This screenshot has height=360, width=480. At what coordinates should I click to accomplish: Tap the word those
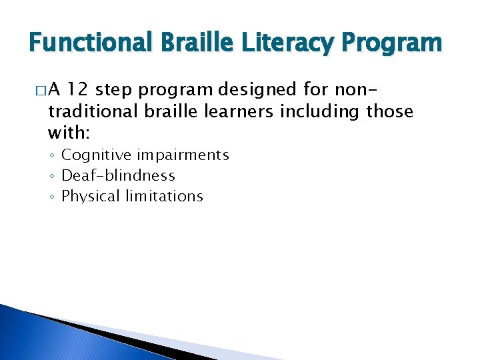(x=390, y=111)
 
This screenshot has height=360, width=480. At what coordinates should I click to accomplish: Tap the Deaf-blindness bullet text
(x=118, y=176)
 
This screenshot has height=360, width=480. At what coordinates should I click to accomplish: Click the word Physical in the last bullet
(x=89, y=197)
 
